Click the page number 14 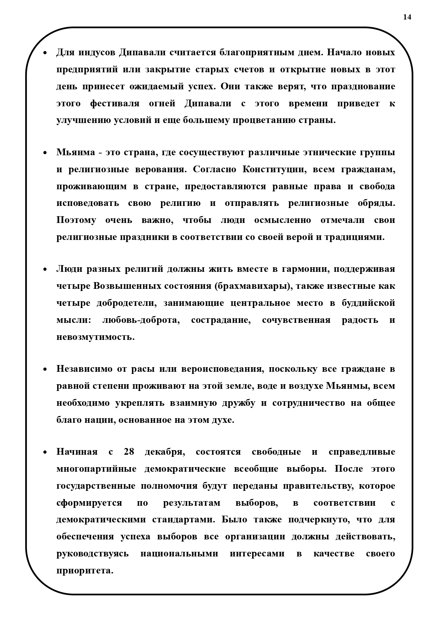coord(407,17)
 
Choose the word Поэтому coord(76,220)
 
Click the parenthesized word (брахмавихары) coord(252,286)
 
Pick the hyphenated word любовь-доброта coord(141,320)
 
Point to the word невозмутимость coord(95,337)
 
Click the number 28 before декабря coord(129,452)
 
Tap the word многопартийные coord(96,469)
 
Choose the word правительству coord(318,486)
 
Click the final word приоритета coord(85,571)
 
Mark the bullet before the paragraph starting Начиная coord(45,453)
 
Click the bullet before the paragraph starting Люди coord(45,270)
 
